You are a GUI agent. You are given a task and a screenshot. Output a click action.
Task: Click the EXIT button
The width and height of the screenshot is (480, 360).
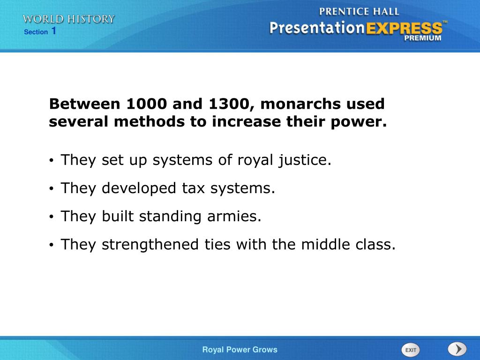(x=411, y=350)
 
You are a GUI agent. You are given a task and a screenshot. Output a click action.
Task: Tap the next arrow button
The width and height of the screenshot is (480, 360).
(x=457, y=349)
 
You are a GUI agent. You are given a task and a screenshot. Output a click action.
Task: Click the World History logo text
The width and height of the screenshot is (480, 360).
(x=69, y=19)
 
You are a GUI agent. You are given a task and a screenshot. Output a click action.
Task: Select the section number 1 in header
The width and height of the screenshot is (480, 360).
(x=54, y=31)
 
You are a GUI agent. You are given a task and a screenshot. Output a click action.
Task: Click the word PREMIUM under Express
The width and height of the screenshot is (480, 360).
(x=423, y=38)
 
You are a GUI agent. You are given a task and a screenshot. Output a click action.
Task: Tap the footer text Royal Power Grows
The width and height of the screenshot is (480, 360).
(x=240, y=350)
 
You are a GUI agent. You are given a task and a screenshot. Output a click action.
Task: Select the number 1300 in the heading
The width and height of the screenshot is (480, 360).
(x=227, y=104)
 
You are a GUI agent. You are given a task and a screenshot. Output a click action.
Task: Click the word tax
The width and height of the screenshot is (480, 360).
(x=194, y=188)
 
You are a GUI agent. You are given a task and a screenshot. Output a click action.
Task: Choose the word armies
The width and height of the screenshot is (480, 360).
(x=237, y=217)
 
